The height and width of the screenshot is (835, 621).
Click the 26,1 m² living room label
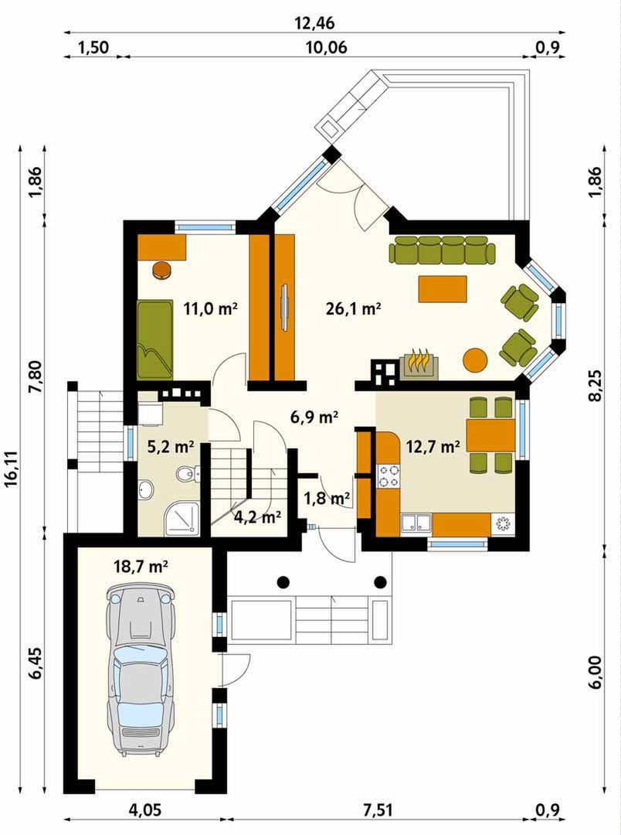click(353, 308)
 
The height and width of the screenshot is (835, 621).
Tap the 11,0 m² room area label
click(210, 308)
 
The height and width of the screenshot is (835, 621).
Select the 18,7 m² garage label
click(141, 566)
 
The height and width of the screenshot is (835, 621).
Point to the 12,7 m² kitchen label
click(433, 446)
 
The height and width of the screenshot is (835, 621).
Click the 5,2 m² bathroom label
click(170, 447)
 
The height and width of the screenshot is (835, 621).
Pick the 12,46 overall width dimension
click(314, 23)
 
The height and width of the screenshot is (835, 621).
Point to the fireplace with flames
click(419, 364)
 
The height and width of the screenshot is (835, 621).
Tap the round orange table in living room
click(475, 360)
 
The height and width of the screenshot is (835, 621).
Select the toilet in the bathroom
click(186, 472)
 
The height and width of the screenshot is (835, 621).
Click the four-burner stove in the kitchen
click(388, 475)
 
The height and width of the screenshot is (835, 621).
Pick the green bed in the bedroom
click(154, 339)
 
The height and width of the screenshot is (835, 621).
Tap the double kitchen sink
click(416, 523)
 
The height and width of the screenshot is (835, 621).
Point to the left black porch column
click(283, 581)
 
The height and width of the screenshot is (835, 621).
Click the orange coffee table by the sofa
click(443, 288)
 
